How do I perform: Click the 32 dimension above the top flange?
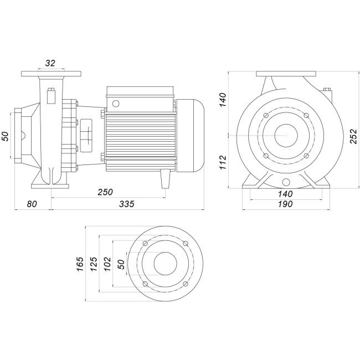coord(50,63)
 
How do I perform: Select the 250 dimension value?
coord(105,192)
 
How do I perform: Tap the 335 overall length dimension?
coord(127,204)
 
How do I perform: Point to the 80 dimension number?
coord(32,204)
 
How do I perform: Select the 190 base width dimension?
coord(285,204)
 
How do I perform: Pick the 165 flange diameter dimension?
coord(80,263)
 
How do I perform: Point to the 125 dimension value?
coord(94,263)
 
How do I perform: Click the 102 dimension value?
coord(108,263)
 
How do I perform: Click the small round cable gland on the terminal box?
coord(116,103)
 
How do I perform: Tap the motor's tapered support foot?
coord(164,179)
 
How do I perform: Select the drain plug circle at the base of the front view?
coord(286,183)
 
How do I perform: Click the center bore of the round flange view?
coord(165,263)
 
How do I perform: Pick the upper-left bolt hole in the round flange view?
coord(145,244)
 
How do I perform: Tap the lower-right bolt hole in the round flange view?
coord(184,283)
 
